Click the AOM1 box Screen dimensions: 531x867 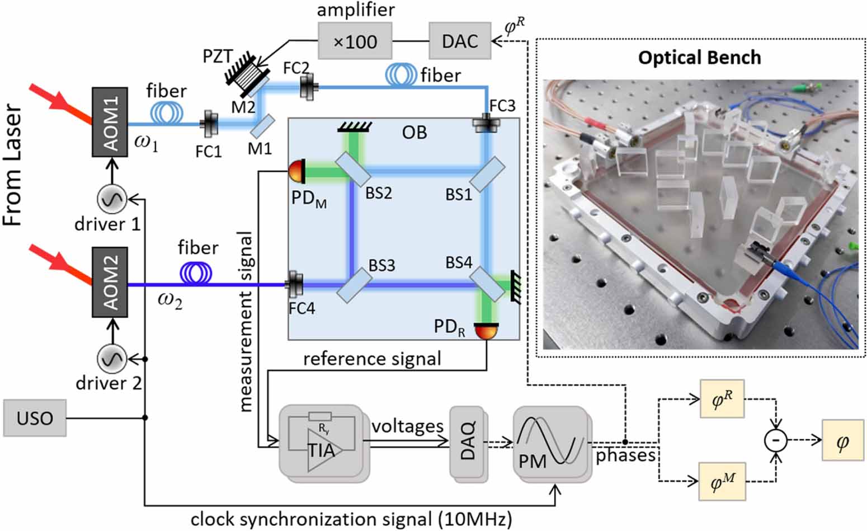(110, 123)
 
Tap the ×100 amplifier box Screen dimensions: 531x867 (355, 41)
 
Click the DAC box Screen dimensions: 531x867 (460, 40)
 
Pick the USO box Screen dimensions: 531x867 (35, 418)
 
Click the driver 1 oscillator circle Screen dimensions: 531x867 (112, 199)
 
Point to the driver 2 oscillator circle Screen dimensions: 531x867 (112, 359)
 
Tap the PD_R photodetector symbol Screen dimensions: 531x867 (485, 331)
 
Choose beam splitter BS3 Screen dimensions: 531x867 (351, 285)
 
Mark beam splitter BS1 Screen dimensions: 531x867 (487, 174)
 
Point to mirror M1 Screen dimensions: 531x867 (261, 126)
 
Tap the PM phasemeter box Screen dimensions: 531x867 (550, 442)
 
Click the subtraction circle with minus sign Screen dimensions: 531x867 (775, 440)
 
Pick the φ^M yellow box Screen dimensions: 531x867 (722, 481)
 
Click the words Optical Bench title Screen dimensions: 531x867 (699, 58)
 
